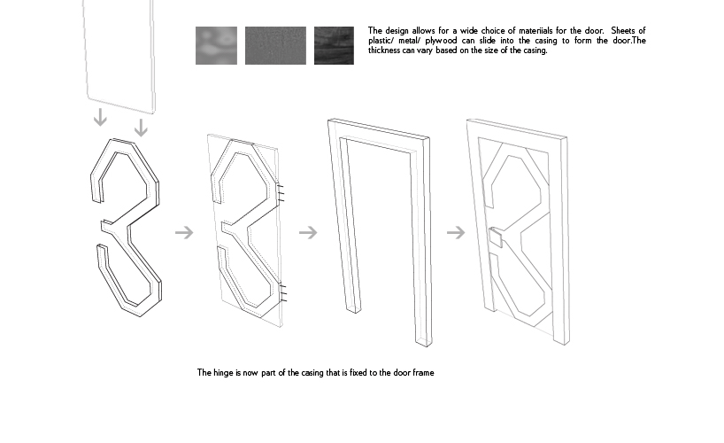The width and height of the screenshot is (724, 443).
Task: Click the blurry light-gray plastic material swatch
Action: (216, 45)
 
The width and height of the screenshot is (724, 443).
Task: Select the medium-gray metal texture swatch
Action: (275, 45)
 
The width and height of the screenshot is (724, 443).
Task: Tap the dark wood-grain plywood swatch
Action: (334, 45)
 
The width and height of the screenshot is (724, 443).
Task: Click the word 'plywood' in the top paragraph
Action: (441, 41)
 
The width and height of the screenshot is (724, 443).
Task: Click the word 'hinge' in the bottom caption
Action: (223, 373)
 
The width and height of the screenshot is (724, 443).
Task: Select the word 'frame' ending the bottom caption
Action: (423, 373)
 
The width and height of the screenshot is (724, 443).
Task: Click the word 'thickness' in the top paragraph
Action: (384, 51)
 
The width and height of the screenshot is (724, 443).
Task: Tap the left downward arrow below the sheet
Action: (100, 117)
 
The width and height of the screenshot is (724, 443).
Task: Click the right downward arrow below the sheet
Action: (141, 128)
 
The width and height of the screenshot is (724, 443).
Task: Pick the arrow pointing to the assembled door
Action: (456, 232)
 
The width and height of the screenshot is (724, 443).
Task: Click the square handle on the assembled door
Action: (496, 237)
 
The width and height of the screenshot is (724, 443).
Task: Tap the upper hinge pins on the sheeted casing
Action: (281, 193)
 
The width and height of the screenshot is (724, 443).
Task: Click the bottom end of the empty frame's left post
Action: (354, 309)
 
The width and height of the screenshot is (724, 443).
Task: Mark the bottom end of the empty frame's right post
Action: (423, 342)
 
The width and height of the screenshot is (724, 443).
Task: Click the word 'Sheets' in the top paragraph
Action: (623, 30)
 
